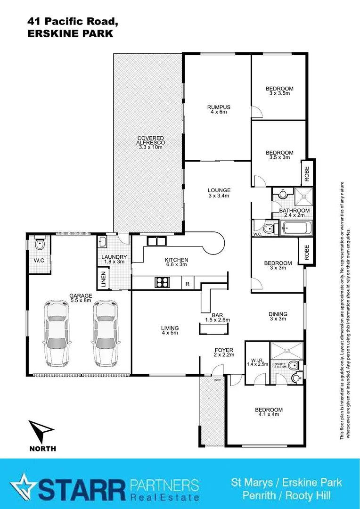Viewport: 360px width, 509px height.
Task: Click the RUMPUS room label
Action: coord(219,107)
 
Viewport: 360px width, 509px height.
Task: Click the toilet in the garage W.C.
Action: coord(39,245)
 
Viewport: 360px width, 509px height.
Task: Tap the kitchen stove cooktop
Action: coord(163,282)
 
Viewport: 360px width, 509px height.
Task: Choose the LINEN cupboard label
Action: coord(104,279)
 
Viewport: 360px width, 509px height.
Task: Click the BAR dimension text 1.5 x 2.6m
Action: coord(217,320)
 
